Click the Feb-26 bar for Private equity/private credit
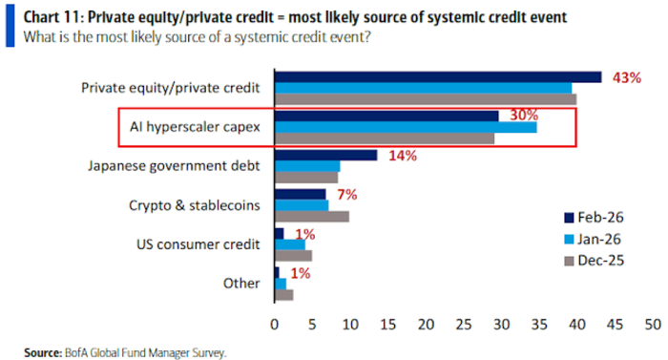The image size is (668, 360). [x=438, y=76]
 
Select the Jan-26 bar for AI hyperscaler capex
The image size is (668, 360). [x=406, y=127]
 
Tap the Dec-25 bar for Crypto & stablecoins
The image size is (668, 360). [x=312, y=216]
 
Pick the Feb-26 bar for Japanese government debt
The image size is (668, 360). [x=325, y=155]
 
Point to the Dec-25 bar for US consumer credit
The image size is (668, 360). [x=293, y=255]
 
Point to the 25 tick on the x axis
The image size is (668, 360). [x=463, y=325]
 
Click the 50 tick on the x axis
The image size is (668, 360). [x=652, y=325]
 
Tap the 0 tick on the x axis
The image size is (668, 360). [x=275, y=325]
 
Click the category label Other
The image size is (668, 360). [x=242, y=284]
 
